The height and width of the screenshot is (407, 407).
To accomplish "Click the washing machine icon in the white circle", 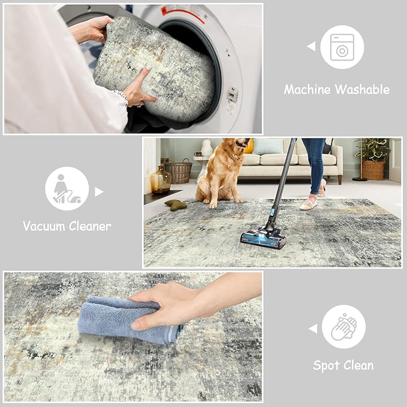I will (x=342, y=47).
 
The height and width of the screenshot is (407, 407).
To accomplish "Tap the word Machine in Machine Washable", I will (x=307, y=90).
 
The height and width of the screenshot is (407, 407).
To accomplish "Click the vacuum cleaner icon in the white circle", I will (x=67, y=188).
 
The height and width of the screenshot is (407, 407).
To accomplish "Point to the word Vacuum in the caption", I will (x=44, y=226).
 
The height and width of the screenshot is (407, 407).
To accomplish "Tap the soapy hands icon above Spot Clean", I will (x=343, y=327).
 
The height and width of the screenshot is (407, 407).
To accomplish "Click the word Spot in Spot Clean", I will (x=327, y=365).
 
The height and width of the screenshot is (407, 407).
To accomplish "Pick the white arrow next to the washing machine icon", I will (x=311, y=46).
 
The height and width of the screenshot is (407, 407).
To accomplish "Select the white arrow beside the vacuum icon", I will (x=99, y=192).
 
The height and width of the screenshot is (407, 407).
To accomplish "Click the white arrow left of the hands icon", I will (x=312, y=328).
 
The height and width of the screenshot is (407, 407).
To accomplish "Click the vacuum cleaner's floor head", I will (x=263, y=239).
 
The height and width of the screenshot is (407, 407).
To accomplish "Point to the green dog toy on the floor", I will (x=176, y=204).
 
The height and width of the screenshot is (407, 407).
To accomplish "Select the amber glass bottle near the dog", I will (x=159, y=180).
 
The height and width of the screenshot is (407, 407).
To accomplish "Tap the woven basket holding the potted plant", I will (x=373, y=170).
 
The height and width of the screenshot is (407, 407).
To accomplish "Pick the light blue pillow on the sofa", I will (x=269, y=146).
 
